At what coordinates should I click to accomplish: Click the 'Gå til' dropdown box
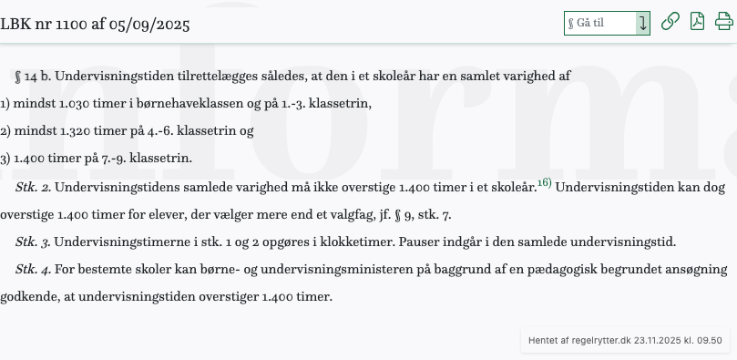[x=606, y=23]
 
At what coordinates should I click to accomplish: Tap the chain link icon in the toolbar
[x=670, y=23]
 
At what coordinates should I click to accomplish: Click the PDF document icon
[x=697, y=23]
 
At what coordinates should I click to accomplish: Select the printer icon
[x=724, y=23]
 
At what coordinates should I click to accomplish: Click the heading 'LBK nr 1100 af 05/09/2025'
[x=95, y=24]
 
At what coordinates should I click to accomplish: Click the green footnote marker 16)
[x=544, y=183]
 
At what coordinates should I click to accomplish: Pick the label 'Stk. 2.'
[x=33, y=188]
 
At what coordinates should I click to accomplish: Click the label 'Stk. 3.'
[x=33, y=242]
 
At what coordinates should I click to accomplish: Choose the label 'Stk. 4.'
[x=33, y=270]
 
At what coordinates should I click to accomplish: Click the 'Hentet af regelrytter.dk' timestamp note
[x=625, y=340]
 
